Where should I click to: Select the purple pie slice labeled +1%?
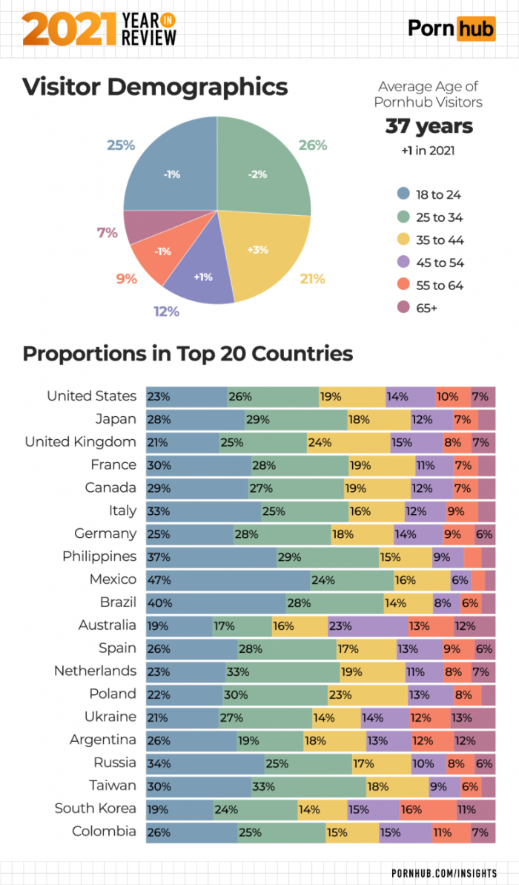coord(202,277)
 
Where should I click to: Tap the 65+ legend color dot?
coord(403,308)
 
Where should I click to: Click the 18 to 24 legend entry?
coord(429,195)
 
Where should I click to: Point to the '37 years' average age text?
coord(429,126)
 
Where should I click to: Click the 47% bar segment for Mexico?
coord(228,579)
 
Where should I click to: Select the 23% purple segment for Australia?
coord(367,625)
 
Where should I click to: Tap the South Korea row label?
coord(95,808)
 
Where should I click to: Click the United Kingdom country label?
coord(81,442)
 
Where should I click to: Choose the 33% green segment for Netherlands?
coord(282,671)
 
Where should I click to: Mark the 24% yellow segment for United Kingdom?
coord(348,442)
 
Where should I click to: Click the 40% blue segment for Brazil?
coord(216,602)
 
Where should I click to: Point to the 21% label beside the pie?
coord(312,279)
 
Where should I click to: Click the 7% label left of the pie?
coord(108,233)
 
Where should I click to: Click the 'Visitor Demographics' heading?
coord(155,87)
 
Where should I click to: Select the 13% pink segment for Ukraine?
coord(472,717)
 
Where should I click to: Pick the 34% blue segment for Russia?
coord(205,763)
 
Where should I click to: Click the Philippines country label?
coord(99,556)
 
